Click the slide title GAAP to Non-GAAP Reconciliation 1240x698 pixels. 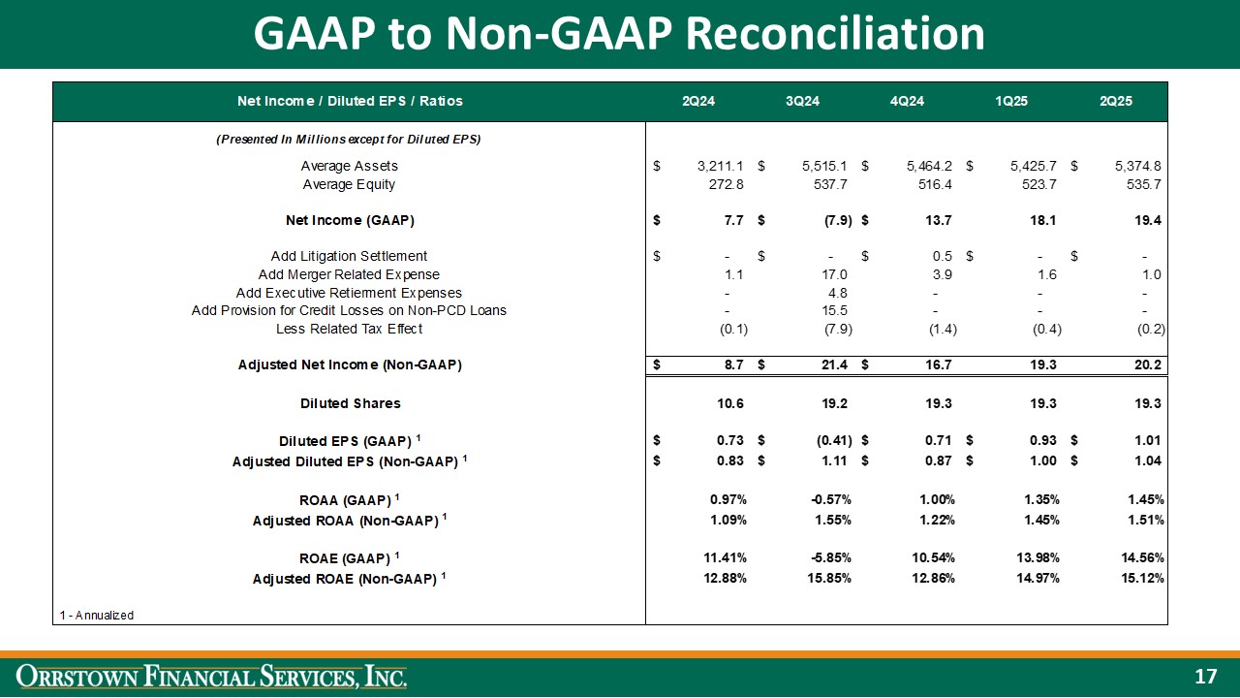pyautogui.click(x=619, y=34)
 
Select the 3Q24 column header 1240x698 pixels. pyautogui.click(x=802, y=101)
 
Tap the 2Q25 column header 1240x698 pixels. pyautogui.click(x=1115, y=101)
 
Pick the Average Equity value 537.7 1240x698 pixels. pyautogui.click(x=832, y=184)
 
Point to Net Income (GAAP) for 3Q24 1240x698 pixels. pyautogui.click(x=832, y=220)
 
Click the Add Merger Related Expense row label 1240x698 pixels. pyautogui.click(x=349, y=274)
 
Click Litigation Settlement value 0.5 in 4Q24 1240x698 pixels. pyautogui.click(x=945, y=256)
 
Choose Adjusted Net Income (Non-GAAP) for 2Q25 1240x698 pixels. pyautogui.click(x=1147, y=365)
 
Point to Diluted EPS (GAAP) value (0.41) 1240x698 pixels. pyautogui.click(x=830, y=441)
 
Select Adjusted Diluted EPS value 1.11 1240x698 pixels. pyautogui.click(x=836, y=460)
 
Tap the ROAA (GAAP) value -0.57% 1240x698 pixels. pyautogui.click(x=830, y=499)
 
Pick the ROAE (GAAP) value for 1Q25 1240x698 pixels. pyautogui.click(x=1037, y=557)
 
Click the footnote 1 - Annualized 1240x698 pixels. pyautogui.click(x=97, y=615)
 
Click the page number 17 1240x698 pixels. pyautogui.click(x=1204, y=676)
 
